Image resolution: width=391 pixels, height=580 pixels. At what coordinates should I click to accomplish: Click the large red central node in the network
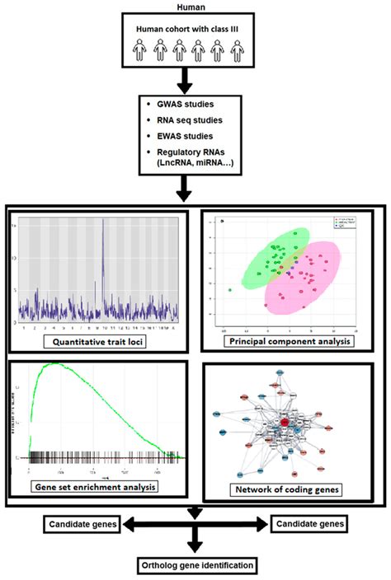click(x=285, y=423)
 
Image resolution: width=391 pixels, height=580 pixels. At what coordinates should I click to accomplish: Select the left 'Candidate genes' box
click(x=83, y=523)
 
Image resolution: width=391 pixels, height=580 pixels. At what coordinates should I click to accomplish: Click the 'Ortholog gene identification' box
click(x=195, y=565)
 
